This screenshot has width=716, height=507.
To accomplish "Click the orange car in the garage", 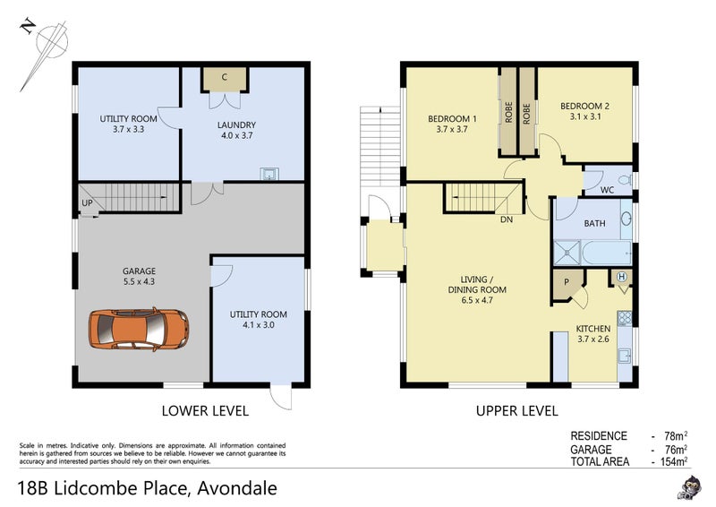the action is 139,329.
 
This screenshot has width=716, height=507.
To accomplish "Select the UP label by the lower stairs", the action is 87,203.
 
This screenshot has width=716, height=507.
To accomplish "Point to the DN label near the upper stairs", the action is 507,219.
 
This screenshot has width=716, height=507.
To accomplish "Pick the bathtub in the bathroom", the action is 608,253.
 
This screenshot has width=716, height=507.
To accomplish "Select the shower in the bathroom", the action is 567,253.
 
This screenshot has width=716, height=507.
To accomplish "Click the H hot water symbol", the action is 621,277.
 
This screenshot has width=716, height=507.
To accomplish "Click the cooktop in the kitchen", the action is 624,318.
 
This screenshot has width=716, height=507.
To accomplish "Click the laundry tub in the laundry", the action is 269,174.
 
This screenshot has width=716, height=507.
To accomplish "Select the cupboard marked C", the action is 225,79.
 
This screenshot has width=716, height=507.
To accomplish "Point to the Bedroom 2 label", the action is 584,106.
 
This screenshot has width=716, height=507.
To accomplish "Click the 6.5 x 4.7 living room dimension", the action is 477,300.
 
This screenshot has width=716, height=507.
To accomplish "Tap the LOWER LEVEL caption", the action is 205,411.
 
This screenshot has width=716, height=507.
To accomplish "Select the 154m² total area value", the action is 674,461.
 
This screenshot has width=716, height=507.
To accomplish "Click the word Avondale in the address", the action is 237,488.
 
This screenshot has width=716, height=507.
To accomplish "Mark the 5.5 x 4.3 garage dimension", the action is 139,281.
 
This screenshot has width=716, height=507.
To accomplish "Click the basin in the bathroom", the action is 626,219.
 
